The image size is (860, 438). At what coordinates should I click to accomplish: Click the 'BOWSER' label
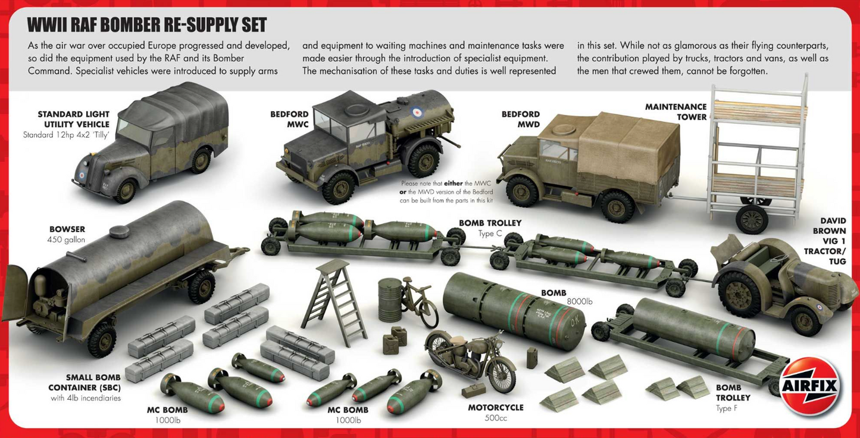pos(67,229)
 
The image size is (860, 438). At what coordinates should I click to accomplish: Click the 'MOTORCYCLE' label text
pos(495,408)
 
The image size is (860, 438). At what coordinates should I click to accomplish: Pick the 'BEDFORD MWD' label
pos(520,119)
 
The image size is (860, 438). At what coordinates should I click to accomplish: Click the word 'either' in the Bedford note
pos(453,184)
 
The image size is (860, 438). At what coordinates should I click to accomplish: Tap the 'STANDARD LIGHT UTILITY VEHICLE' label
pos(73,119)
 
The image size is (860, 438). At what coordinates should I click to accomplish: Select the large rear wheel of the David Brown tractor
pos(740,294)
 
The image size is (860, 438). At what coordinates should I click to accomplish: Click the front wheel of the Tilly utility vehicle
pos(126,191)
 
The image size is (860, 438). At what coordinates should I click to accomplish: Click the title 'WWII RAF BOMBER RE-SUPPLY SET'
pos(147,25)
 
